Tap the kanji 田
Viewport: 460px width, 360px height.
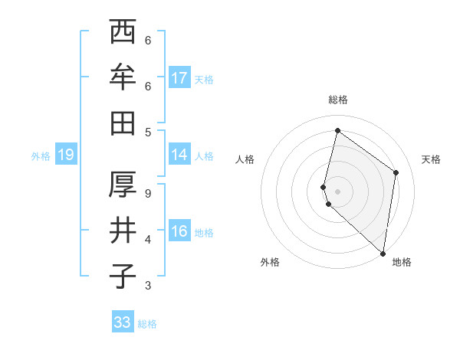coord(123,122)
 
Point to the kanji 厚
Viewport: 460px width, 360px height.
coord(123,185)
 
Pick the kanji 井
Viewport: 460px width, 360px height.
coord(123,230)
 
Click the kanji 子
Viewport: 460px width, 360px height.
coord(123,275)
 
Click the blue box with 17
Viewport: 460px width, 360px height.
coord(179,78)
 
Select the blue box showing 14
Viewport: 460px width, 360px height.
coord(179,155)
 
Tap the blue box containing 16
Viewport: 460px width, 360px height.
coord(179,231)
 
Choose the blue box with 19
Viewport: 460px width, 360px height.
coord(65,155)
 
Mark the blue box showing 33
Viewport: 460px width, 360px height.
coord(123,322)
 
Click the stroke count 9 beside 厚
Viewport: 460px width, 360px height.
coord(148,194)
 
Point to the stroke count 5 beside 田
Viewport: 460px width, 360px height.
coord(148,132)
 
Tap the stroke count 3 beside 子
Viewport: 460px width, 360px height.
coord(148,286)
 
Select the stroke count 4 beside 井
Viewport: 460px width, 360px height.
coord(148,240)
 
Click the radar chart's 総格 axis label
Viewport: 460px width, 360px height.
coord(338,100)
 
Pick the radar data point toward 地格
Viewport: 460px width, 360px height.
coord(383,253)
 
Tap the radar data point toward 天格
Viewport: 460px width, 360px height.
coord(396,172)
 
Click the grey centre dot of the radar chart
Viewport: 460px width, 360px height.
coord(338,191)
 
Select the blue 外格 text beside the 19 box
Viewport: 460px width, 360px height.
coord(41,156)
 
